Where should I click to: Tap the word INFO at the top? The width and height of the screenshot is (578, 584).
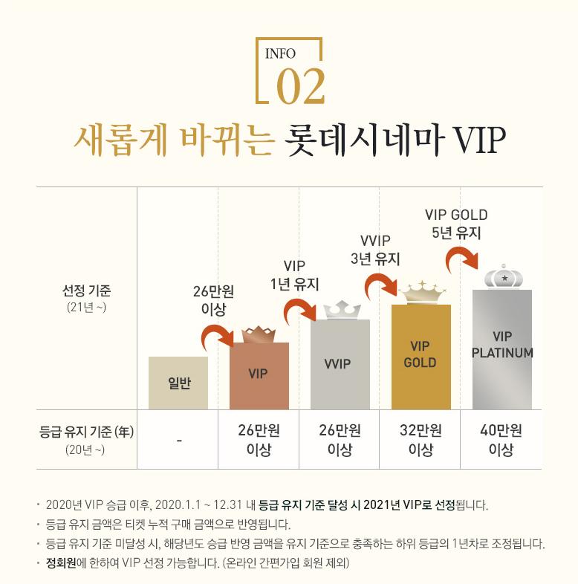tap(280, 53)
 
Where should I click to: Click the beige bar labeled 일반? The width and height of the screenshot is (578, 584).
tap(178, 383)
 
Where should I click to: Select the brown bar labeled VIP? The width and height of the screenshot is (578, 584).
tap(259, 375)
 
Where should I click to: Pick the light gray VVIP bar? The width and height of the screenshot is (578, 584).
tap(340, 364)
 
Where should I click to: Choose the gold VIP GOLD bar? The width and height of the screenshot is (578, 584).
tap(420, 357)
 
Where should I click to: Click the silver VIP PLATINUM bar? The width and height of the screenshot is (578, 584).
tap(502, 349)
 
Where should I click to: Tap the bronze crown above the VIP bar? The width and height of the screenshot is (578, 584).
tap(259, 334)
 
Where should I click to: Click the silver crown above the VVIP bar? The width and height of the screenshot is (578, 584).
tap(340, 309)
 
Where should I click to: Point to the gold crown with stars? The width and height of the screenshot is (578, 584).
tap(420, 293)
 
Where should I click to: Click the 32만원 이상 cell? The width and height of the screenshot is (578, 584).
tap(420, 440)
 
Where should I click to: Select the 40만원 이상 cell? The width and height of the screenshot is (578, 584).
tap(502, 440)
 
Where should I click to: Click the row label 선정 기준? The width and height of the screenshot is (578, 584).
tap(87, 289)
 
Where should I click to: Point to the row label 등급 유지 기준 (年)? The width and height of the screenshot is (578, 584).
tap(86, 431)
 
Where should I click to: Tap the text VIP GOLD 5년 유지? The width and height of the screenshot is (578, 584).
tap(456, 224)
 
